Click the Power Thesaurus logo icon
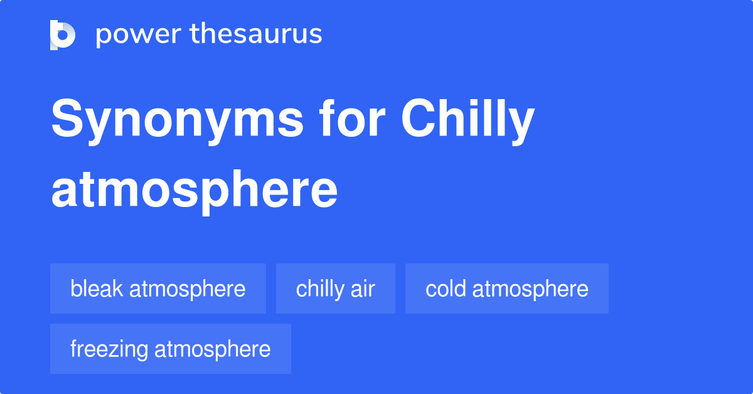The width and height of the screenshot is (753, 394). tap(63, 35)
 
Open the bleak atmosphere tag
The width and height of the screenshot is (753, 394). tap(158, 289)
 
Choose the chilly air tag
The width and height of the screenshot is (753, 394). tap(336, 289)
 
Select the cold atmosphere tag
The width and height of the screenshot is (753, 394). tap(507, 289)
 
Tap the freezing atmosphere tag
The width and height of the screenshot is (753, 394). tap(171, 349)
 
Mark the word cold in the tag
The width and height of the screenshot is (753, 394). tap(446, 289)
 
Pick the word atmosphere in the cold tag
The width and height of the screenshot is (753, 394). tap(530, 289)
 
